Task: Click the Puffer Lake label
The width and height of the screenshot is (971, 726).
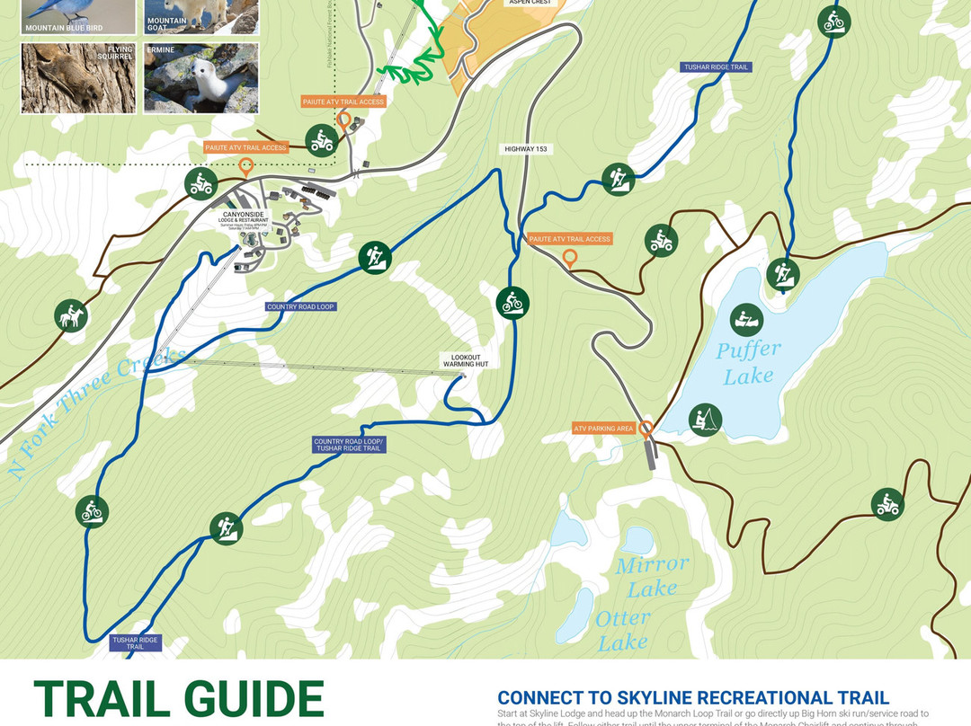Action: pos(748,362)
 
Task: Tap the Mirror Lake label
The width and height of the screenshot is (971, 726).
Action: pos(652,576)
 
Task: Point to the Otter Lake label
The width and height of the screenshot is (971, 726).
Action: pos(622,630)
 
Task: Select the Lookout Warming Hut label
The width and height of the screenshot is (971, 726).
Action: pos(463,360)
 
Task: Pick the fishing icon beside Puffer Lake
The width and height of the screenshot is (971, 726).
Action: pos(705,420)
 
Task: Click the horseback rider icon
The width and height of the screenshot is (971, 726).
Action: pos(69,315)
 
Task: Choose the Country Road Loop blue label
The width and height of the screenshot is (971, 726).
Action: pos(300,307)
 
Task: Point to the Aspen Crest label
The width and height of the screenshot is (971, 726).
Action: pos(530,3)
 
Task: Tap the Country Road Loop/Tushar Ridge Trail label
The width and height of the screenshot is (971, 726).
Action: pos(349,445)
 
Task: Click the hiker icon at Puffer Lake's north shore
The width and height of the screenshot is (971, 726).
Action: pos(781,274)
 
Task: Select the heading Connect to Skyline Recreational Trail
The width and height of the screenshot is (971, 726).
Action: pos(693,698)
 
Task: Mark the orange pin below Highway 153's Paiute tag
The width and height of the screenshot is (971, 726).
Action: pos(569,260)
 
